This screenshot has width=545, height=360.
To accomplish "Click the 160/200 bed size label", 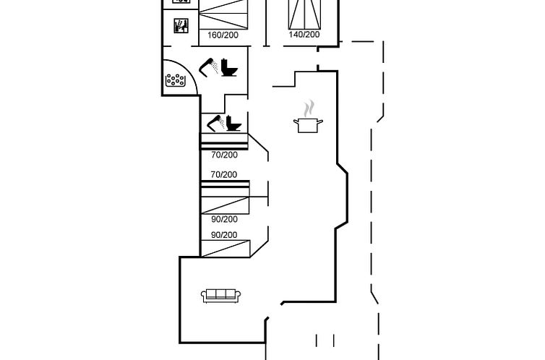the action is (223, 35).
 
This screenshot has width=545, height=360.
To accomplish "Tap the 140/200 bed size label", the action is (304, 35).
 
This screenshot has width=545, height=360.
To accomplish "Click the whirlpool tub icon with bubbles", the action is (175, 80).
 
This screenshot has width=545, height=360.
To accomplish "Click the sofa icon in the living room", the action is (221, 296).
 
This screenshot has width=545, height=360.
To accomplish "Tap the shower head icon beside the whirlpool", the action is (209, 67).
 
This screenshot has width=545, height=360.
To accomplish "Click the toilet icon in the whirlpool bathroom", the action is (229, 67).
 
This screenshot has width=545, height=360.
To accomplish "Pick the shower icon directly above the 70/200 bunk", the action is (216, 122).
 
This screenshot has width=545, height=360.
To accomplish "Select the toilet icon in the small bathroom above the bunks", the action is (233, 124).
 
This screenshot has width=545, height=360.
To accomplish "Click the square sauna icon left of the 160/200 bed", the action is (181, 26).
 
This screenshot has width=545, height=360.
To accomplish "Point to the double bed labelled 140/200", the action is (304, 14).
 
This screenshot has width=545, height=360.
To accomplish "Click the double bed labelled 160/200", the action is (224, 14).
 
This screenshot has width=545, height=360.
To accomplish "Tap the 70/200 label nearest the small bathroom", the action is (224, 155).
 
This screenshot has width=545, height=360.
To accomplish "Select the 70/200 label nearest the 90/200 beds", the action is (224, 174).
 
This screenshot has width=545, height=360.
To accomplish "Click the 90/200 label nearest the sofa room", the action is (224, 235).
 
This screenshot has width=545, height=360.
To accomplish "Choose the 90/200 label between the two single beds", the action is (224, 219).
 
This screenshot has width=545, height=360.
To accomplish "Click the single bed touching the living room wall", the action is (226, 249).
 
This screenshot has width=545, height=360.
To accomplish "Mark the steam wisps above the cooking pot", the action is (309, 108).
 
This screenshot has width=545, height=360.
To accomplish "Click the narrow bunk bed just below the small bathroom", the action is (224, 142).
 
